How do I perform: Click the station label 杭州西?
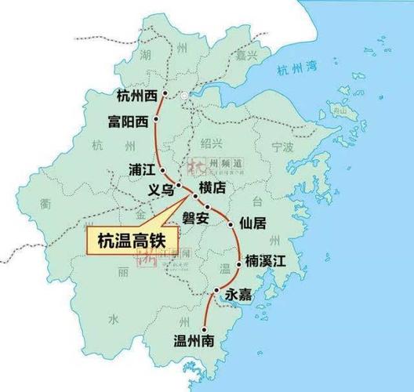[136, 96]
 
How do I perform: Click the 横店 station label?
[212, 188]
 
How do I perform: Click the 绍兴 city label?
[212, 143]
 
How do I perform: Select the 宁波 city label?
[282, 147]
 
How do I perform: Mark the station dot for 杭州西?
[165, 96]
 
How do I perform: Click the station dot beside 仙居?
[232, 225]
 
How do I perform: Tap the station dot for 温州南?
[206, 329]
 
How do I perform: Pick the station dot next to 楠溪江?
[238, 265]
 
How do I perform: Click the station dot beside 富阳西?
[156, 120]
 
